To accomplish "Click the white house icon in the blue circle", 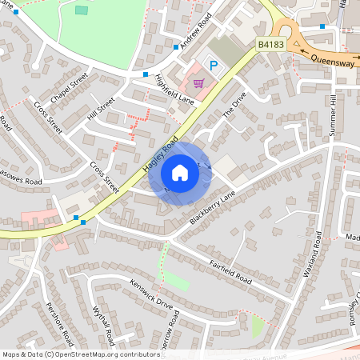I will pyautogui.click(x=180, y=172).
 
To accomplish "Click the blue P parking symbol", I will pyautogui.click(x=213, y=66).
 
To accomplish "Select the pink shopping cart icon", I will pyautogui.click(x=197, y=82).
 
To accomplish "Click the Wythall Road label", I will pyautogui.click(x=106, y=323).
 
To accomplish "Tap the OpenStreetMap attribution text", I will pyautogui.click(x=81, y=354).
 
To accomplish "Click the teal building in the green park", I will pyautogui.click(x=82, y=10).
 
